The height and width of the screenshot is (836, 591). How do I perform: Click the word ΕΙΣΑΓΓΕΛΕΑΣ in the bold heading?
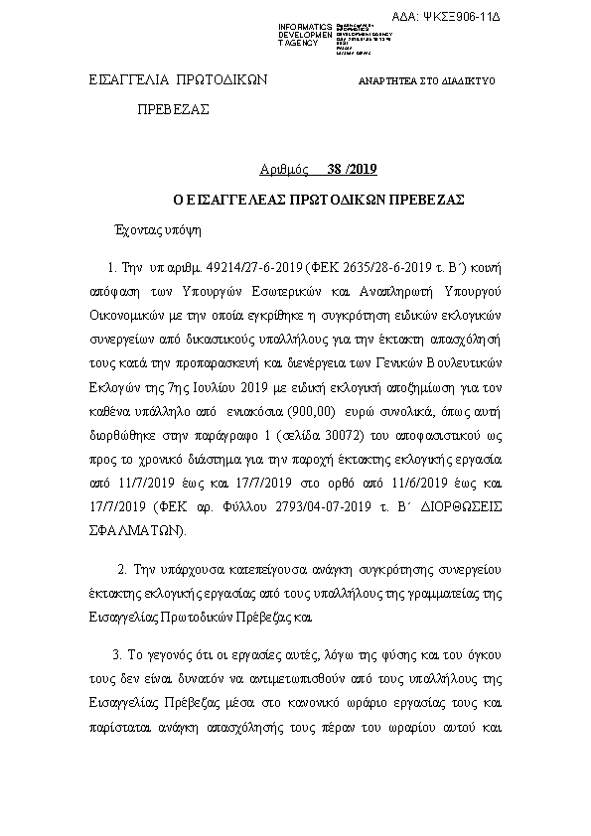click(x=249, y=199)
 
